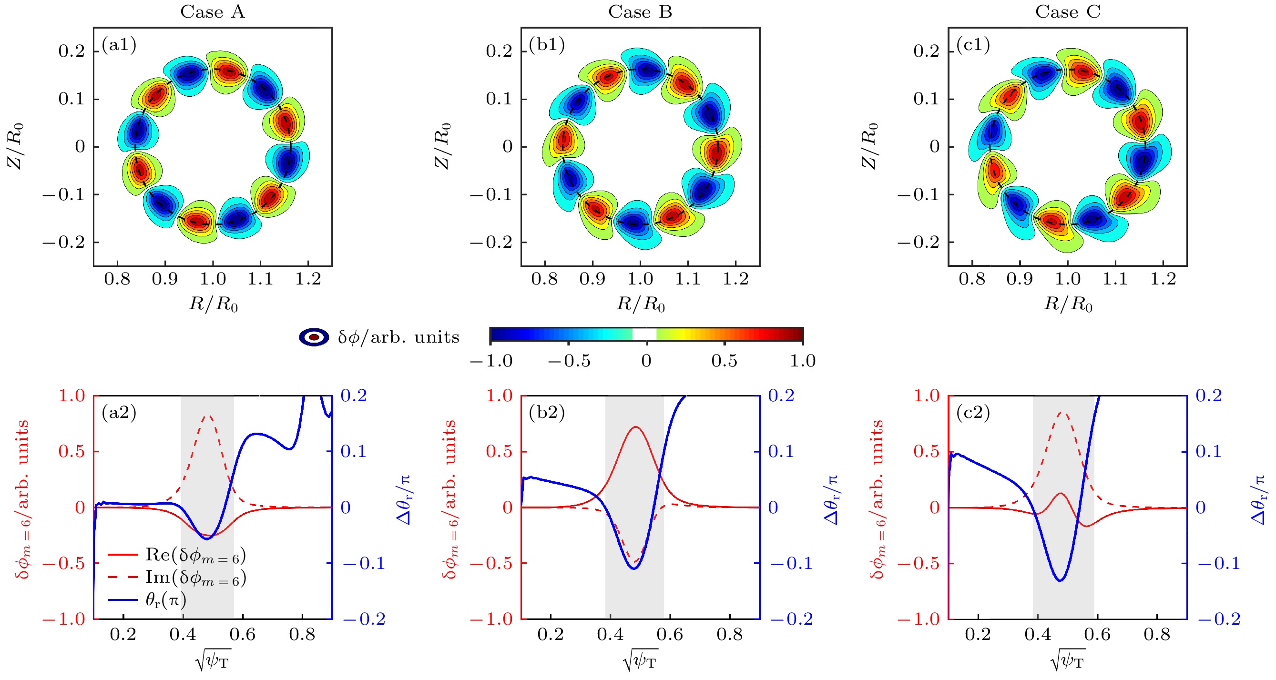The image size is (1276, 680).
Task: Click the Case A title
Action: tap(213, 11)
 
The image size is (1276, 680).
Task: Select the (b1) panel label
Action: tap(547, 45)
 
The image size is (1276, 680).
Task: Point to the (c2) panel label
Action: tap(973, 412)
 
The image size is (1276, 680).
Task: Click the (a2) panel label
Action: tap(119, 412)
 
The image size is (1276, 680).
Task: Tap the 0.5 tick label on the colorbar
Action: tap(724, 361)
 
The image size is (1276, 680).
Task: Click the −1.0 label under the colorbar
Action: tap(491, 361)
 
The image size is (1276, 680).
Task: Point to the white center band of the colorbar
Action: tap(644, 335)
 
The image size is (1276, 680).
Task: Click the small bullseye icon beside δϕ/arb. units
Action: tap(314, 337)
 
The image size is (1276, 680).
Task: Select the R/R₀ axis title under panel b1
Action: tap(641, 304)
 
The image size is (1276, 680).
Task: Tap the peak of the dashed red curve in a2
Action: tap(208, 416)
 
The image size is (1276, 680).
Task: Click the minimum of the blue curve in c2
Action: tap(1060, 580)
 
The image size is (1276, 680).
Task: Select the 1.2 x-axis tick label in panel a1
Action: tap(308, 279)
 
